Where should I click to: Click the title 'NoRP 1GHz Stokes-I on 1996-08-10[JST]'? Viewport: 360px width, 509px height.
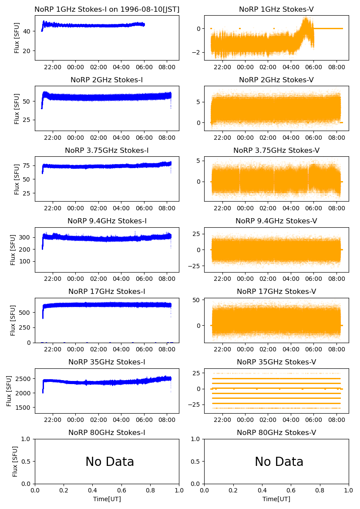107,9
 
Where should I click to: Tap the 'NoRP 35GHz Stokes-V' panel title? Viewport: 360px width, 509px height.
276,362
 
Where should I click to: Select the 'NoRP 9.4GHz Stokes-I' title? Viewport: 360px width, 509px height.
107,221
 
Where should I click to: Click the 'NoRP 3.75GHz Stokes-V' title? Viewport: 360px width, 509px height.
276,150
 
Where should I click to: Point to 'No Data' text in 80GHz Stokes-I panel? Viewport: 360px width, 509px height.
110,462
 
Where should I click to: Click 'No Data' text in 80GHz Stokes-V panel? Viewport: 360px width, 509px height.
279,462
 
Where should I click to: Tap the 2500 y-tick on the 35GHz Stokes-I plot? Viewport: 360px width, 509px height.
25,378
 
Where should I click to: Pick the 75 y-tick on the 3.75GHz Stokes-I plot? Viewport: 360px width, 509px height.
29,165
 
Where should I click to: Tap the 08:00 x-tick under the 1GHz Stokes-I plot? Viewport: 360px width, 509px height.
167,67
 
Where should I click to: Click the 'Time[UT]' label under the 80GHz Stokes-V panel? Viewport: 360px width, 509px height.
276,499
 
